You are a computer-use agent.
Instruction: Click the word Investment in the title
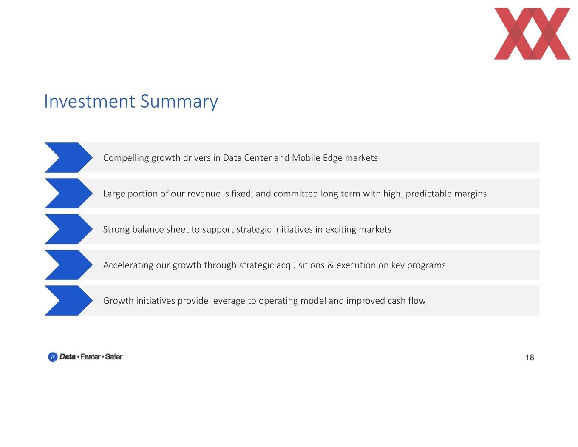tap(90, 101)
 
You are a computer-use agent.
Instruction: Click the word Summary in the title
tap(179, 102)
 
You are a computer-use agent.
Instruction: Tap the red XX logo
tap(532, 34)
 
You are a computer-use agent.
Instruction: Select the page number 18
tap(530, 357)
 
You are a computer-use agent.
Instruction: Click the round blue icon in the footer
tap(53, 357)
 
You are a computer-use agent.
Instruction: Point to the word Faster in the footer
tap(91, 356)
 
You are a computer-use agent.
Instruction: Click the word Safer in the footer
tap(114, 356)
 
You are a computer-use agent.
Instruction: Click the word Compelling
tap(126, 158)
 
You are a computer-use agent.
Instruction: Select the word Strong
tap(116, 230)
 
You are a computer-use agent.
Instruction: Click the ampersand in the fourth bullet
tap(330, 265)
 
